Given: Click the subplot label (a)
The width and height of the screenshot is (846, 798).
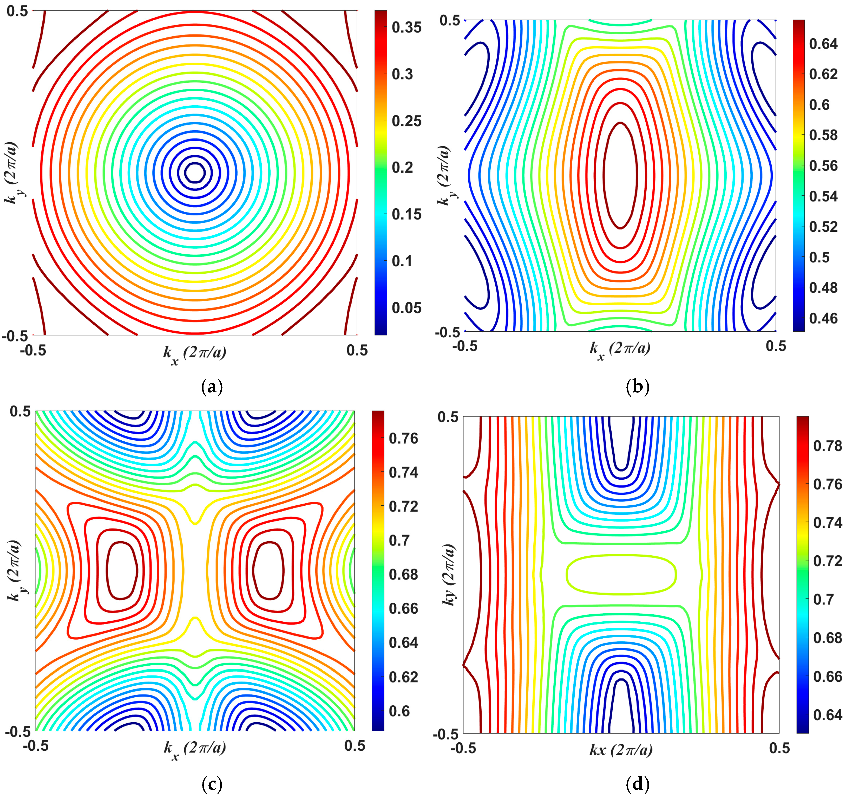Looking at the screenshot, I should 212,387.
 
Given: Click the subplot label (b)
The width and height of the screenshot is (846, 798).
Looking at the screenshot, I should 638,387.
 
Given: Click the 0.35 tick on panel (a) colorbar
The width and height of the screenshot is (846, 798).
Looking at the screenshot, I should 406,28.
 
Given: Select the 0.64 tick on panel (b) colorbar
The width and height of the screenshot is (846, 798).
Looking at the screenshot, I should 823,44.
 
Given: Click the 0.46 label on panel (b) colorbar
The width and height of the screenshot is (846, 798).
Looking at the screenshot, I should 823,318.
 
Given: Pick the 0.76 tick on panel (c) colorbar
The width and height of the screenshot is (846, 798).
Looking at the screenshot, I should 403,439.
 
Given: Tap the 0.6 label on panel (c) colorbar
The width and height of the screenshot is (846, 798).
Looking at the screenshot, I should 399,711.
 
